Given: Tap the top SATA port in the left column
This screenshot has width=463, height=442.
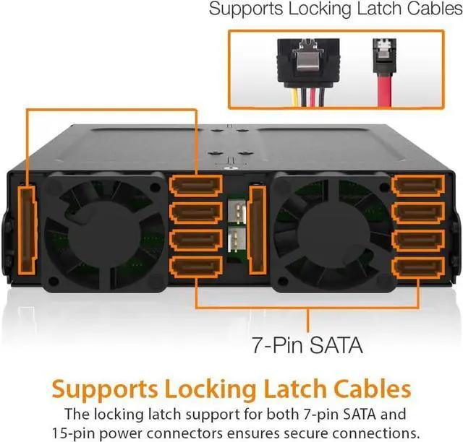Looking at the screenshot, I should [195, 186].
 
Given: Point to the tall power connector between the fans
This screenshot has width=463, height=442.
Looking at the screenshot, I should [257, 230].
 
